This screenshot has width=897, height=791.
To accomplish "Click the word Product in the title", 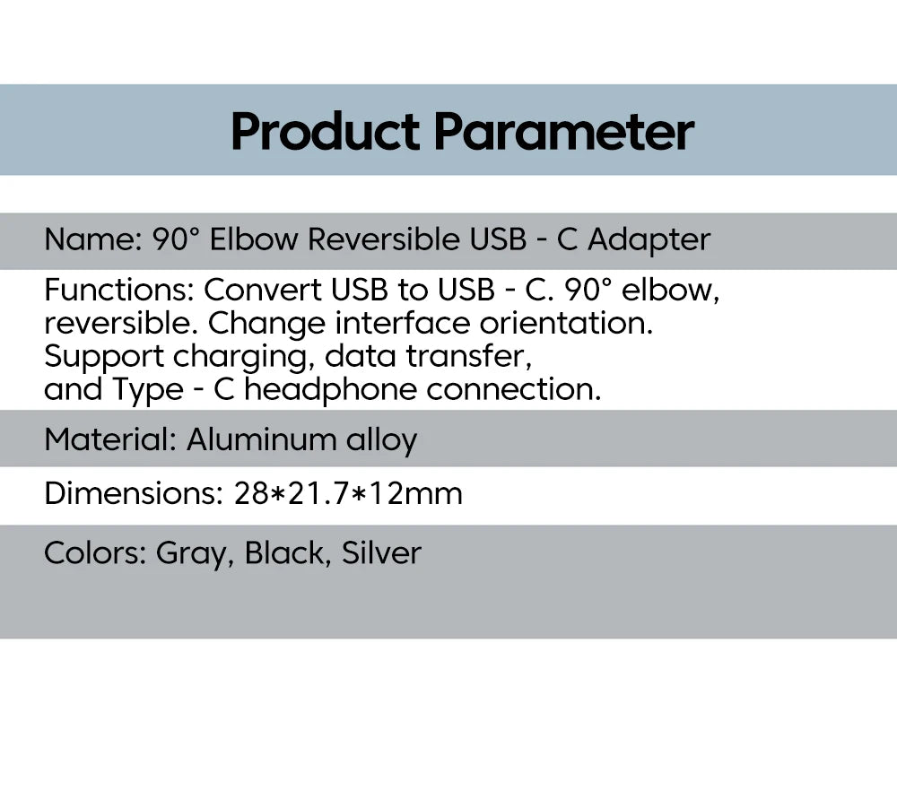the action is pos(325,132).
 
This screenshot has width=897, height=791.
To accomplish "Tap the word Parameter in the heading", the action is pos(564,133).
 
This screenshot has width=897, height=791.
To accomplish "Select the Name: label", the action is pos(92,239).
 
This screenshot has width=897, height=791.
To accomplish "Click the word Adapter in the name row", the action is pos(649,240).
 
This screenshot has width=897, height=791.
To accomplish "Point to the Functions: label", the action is pos(119,290).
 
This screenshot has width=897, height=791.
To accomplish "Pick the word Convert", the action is pos(262,290).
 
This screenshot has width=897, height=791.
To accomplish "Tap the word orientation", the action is pos(566,323).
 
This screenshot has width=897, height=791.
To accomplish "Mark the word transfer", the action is pos(468,356).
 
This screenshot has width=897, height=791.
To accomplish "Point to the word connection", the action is pos(514,389).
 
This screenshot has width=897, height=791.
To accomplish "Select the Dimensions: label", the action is pos(134,493).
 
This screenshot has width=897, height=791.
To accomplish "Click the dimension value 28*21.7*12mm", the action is pos(348,493).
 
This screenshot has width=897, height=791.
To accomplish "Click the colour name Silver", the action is pos(381,553).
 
